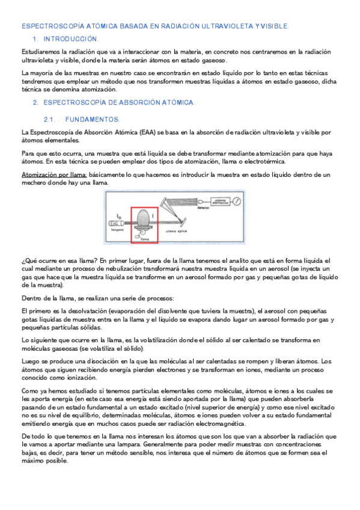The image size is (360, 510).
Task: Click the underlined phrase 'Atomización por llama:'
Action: [54, 174]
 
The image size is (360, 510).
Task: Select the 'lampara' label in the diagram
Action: [117, 229]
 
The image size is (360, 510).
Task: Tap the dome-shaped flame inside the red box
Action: [144, 220]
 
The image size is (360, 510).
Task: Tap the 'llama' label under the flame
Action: [144, 239]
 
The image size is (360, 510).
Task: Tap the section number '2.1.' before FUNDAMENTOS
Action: [50, 119]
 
